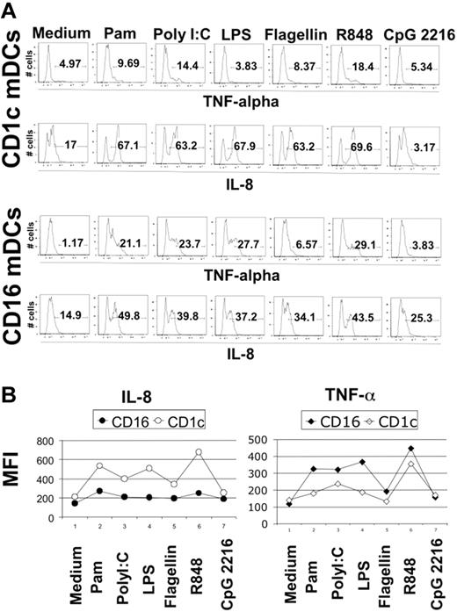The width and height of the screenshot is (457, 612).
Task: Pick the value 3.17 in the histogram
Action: (x=418, y=145)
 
